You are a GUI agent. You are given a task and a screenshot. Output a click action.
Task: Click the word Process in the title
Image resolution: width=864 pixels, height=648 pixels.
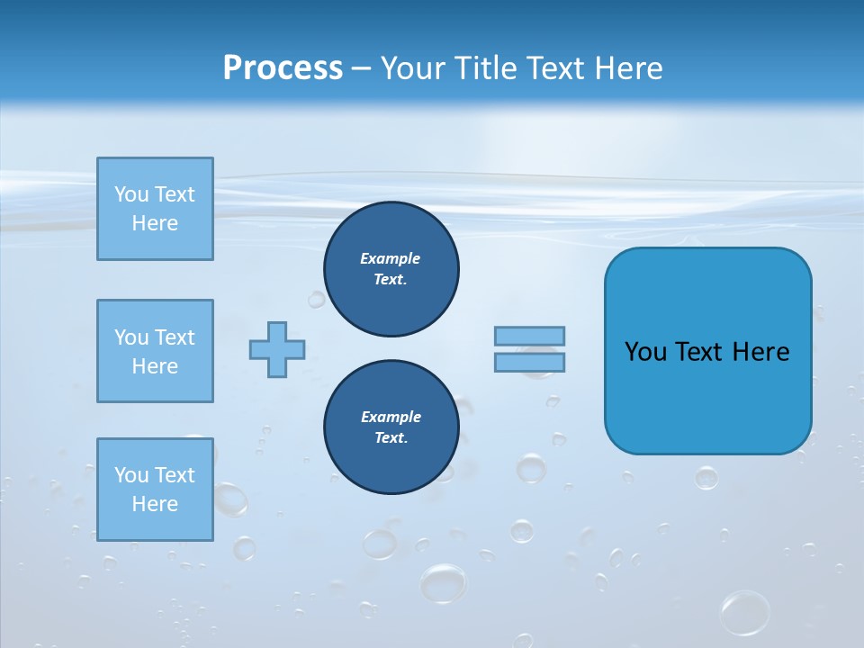coord(283,68)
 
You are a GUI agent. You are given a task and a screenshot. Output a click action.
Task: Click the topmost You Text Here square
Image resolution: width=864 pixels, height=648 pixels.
coord(155,209)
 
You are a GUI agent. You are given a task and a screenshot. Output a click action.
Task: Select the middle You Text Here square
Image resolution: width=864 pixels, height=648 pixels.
coord(155,351)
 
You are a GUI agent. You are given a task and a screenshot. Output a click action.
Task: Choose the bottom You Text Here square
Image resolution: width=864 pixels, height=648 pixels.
coord(155,490)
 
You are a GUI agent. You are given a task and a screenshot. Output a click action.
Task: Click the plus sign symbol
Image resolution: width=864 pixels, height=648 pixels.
coord(277,350)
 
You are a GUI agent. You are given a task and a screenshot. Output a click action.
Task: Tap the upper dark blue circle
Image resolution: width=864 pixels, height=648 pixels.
coord(391,269)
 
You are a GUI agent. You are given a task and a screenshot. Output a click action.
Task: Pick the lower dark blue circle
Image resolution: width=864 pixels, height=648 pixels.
coord(391,427)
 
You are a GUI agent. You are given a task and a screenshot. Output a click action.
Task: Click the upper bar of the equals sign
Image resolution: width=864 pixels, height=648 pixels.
coord(529,336)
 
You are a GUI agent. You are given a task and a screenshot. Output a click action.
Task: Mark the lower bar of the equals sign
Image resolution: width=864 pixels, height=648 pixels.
coord(529,363)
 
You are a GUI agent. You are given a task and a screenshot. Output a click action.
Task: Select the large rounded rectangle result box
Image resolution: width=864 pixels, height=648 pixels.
coord(707,351)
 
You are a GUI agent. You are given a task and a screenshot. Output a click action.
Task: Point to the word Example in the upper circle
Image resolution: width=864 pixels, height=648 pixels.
coord(391,258)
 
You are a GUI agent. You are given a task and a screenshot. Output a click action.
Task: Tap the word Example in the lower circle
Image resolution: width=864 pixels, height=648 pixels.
coord(391,417)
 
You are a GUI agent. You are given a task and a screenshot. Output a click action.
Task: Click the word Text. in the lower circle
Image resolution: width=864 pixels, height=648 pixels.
coord(391,438)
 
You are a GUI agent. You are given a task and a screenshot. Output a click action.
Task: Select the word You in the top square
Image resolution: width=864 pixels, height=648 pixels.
coord(130,194)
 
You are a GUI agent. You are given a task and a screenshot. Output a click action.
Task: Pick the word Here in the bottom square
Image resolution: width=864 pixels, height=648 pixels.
coord(155,504)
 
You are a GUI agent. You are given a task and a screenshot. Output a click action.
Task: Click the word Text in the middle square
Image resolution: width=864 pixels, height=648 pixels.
coord(173,337)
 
